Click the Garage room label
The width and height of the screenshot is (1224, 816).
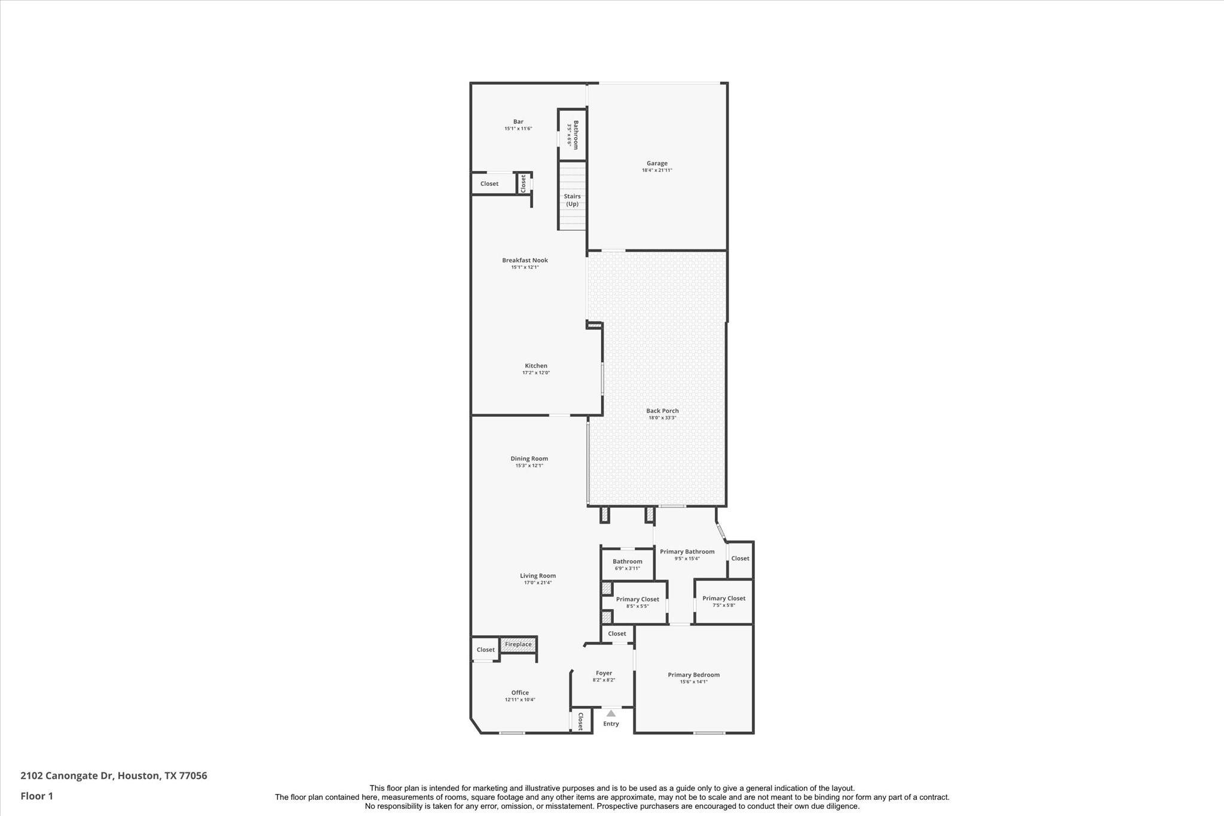click(x=657, y=163)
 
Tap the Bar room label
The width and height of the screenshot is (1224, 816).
click(x=518, y=121)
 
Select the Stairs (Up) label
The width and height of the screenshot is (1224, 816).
click(x=573, y=200)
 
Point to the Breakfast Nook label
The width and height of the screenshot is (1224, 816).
click(x=525, y=260)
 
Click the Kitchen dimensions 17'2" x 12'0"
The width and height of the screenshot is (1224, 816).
click(x=536, y=372)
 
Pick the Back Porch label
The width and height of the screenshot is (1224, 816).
click(x=662, y=411)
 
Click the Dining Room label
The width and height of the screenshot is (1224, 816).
click(x=529, y=459)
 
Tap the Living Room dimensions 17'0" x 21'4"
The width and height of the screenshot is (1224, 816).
click(x=538, y=582)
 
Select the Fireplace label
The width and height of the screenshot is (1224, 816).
click(x=518, y=644)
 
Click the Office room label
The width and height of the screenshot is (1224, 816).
click(x=520, y=693)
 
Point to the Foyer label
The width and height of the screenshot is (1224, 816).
click(x=604, y=673)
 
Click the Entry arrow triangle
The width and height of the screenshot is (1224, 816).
click(x=611, y=713)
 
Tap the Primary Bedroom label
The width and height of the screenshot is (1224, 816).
click(x=693, y=675)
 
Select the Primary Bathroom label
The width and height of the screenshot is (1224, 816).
click(x=687, y=552)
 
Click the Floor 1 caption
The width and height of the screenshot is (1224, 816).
click(x=37, y=796)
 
